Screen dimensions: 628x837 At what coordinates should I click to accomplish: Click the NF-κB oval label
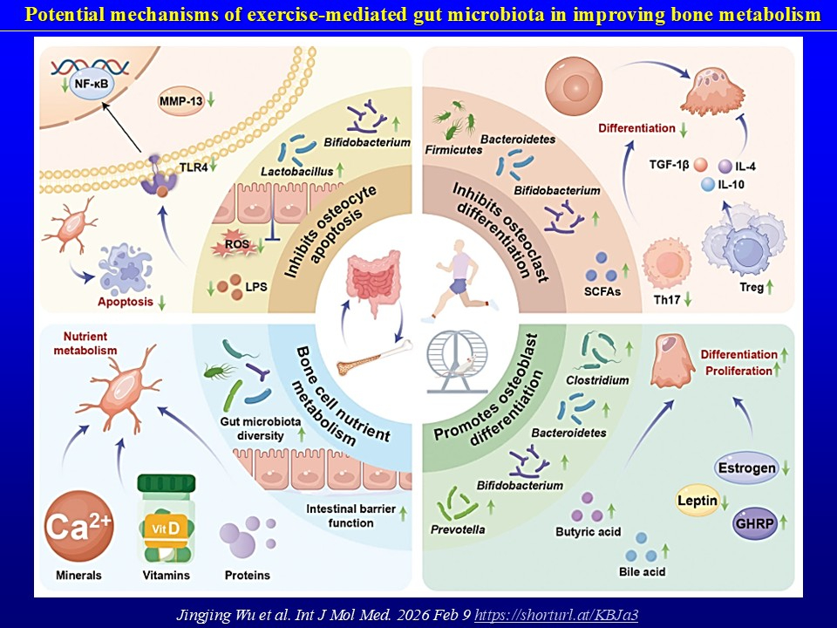pyautogui.click(x=85, y=86)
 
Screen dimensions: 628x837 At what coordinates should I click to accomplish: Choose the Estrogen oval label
pyautogui.click(x=747, y=468)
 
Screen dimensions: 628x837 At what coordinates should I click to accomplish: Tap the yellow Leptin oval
pyautogui.click(x=702, y=501)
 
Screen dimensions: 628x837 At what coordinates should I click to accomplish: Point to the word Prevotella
pyautogui.click(x=459, y=529)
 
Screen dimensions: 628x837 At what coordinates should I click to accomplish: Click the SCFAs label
pyautogui.click(x=603, y=291)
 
